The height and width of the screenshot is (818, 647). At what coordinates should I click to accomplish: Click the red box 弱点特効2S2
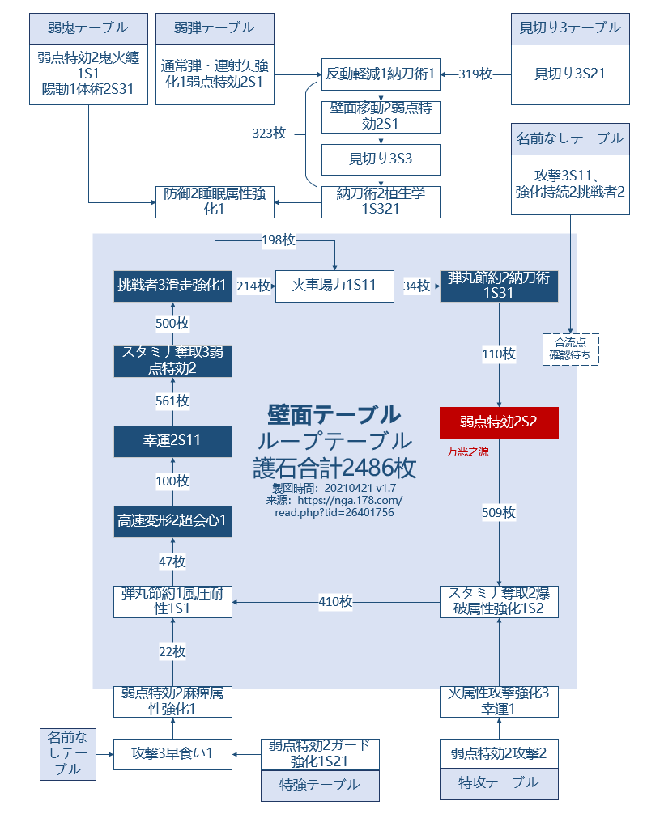click(499, 422)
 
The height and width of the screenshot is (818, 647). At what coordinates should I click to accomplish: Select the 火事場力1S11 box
click(334, 286)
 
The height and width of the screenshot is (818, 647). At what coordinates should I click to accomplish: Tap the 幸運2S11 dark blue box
click(172, 440)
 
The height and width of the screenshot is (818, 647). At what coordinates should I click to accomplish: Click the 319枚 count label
click(475, 74)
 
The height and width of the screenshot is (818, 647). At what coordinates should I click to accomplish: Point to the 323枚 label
click(269, 134)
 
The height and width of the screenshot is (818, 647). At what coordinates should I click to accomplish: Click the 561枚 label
click(172, 401)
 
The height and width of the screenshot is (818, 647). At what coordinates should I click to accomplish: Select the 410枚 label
click(335, 601)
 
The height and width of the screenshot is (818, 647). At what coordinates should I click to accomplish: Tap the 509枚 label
click(499, 512)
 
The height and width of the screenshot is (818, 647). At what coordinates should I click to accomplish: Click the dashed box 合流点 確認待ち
click(570, 349)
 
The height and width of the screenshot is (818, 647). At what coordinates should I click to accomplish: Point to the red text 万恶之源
click(468, 451)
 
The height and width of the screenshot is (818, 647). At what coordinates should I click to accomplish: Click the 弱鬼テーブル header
click(88, 28)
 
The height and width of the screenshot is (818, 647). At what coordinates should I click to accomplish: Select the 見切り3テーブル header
click(570, 28)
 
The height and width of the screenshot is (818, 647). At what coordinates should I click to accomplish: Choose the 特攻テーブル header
click(499, 782)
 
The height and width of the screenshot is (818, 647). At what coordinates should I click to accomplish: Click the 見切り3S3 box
click(381, 159)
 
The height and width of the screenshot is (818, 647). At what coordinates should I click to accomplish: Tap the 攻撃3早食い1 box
click(172, 753)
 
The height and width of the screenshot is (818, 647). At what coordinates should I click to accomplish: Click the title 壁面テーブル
click(334, 414)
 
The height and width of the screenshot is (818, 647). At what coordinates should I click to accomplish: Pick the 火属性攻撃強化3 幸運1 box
click(499, 701)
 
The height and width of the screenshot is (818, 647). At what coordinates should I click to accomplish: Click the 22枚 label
click(172, 651)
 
